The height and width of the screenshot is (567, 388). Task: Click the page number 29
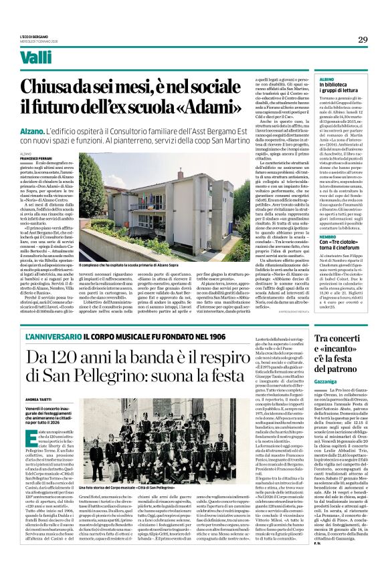coord(363,40)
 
